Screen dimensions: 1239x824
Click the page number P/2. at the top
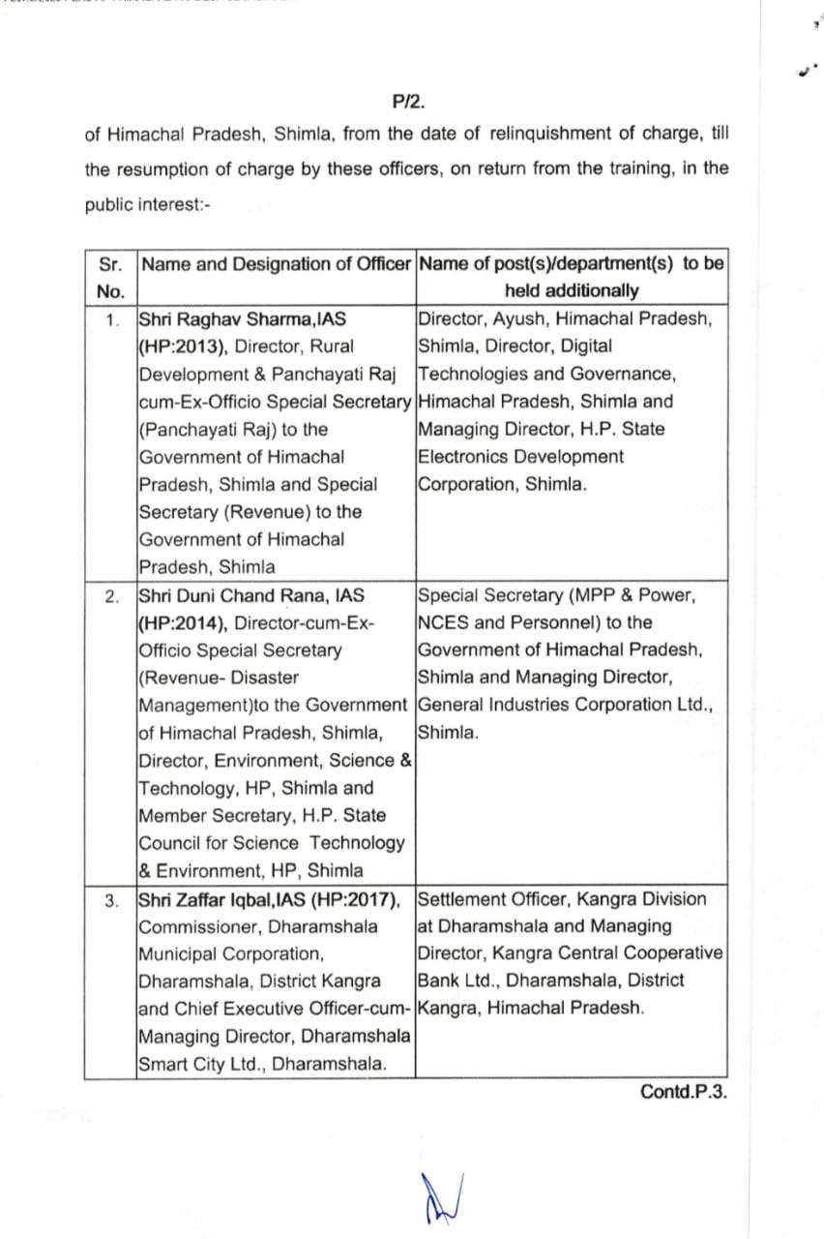pos(409,100)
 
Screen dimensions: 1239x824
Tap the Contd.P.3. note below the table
pos(683,1091)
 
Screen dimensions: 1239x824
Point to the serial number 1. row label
pos(113,319)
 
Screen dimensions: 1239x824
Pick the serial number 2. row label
pos(113,596)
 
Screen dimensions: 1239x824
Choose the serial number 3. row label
pos(113,900)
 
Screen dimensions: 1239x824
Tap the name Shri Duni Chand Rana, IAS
pos(251,595)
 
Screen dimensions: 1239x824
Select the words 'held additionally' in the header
pos(572,290)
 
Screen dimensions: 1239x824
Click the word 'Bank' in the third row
pos(438,981)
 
